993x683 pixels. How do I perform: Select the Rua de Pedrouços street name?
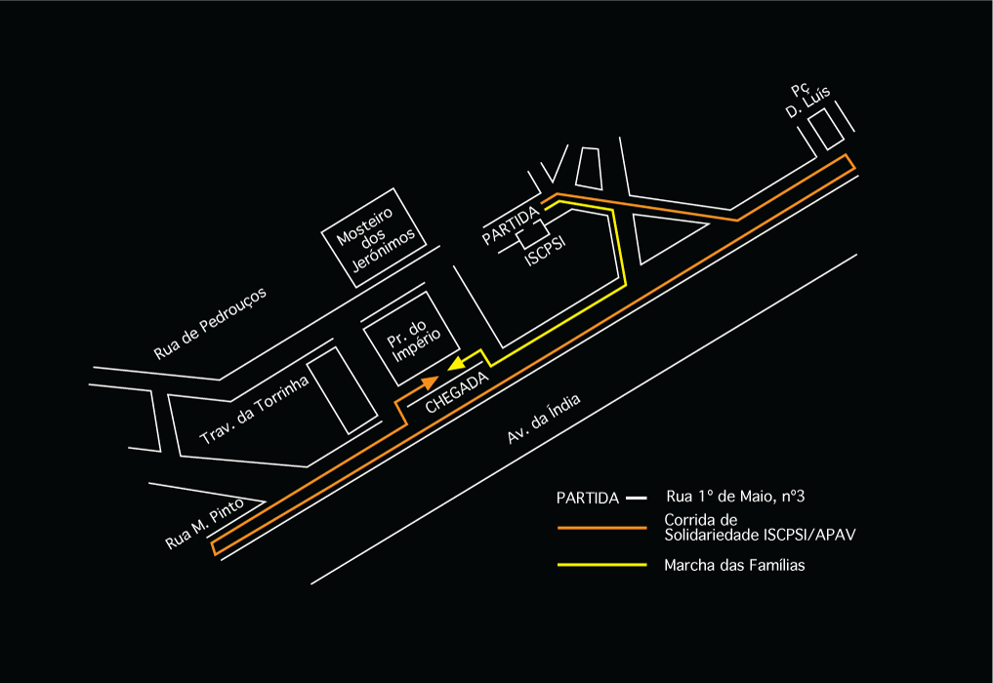(210, 323)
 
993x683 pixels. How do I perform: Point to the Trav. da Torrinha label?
(254, 411)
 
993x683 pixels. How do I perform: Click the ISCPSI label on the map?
(546, 252)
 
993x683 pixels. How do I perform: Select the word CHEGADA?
(456, 396)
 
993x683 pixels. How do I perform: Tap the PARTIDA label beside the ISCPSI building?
(511, 225)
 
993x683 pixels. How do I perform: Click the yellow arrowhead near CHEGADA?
(456, 364)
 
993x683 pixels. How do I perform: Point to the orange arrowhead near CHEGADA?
(430, 382)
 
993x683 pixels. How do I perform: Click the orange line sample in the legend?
(601, 528)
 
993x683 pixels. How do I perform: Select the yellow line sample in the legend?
(601, 565)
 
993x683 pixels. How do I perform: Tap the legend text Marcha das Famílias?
(733, 565)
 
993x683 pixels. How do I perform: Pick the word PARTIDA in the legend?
(588, 498)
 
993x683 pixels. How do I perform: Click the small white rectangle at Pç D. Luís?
(828, 128)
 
